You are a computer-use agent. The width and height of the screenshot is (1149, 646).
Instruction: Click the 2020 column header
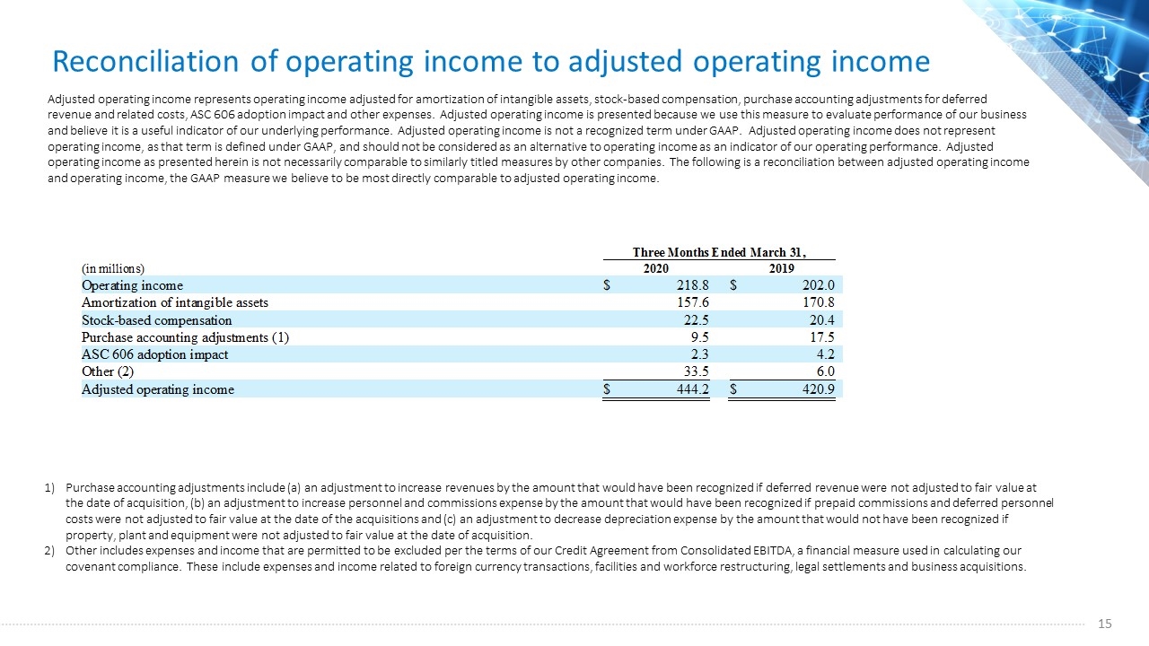coord(656,268)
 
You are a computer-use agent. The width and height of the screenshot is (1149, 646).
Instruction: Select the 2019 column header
coord(781,268)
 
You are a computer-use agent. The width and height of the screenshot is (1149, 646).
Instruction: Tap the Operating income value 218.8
coord(692,285)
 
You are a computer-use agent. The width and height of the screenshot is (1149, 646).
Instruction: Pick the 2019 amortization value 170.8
coord(819,302)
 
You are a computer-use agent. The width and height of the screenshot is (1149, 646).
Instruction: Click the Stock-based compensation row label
coord(157,320)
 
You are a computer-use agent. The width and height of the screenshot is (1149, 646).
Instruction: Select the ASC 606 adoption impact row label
coord(155,354)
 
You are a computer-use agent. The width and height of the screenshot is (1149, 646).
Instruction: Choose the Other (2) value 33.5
coord(696,371)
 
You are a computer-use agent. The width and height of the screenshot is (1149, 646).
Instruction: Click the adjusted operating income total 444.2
coord(692,389)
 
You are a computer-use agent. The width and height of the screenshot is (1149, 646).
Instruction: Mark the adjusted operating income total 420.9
coord(819,389)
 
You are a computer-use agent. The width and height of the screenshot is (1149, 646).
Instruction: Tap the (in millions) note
coord(113,268)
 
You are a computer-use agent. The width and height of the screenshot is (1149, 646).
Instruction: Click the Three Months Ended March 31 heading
coord(719,252)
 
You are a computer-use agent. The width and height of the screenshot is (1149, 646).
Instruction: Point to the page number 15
coord(1105,624)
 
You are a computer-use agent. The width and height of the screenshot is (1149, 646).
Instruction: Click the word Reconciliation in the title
coord(145,62)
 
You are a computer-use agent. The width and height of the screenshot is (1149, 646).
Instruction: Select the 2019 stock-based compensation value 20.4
coord(821,320)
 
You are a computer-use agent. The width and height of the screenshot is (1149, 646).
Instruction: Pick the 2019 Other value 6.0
coord(825,371)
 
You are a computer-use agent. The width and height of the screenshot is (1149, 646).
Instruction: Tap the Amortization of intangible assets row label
coord(175,302)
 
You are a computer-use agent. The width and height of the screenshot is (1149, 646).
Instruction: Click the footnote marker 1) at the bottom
coord(49,487)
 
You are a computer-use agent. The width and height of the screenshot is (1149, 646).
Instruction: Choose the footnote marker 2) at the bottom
coord(49,551)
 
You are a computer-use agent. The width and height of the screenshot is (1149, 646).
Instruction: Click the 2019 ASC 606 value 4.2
coord(825,354)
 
